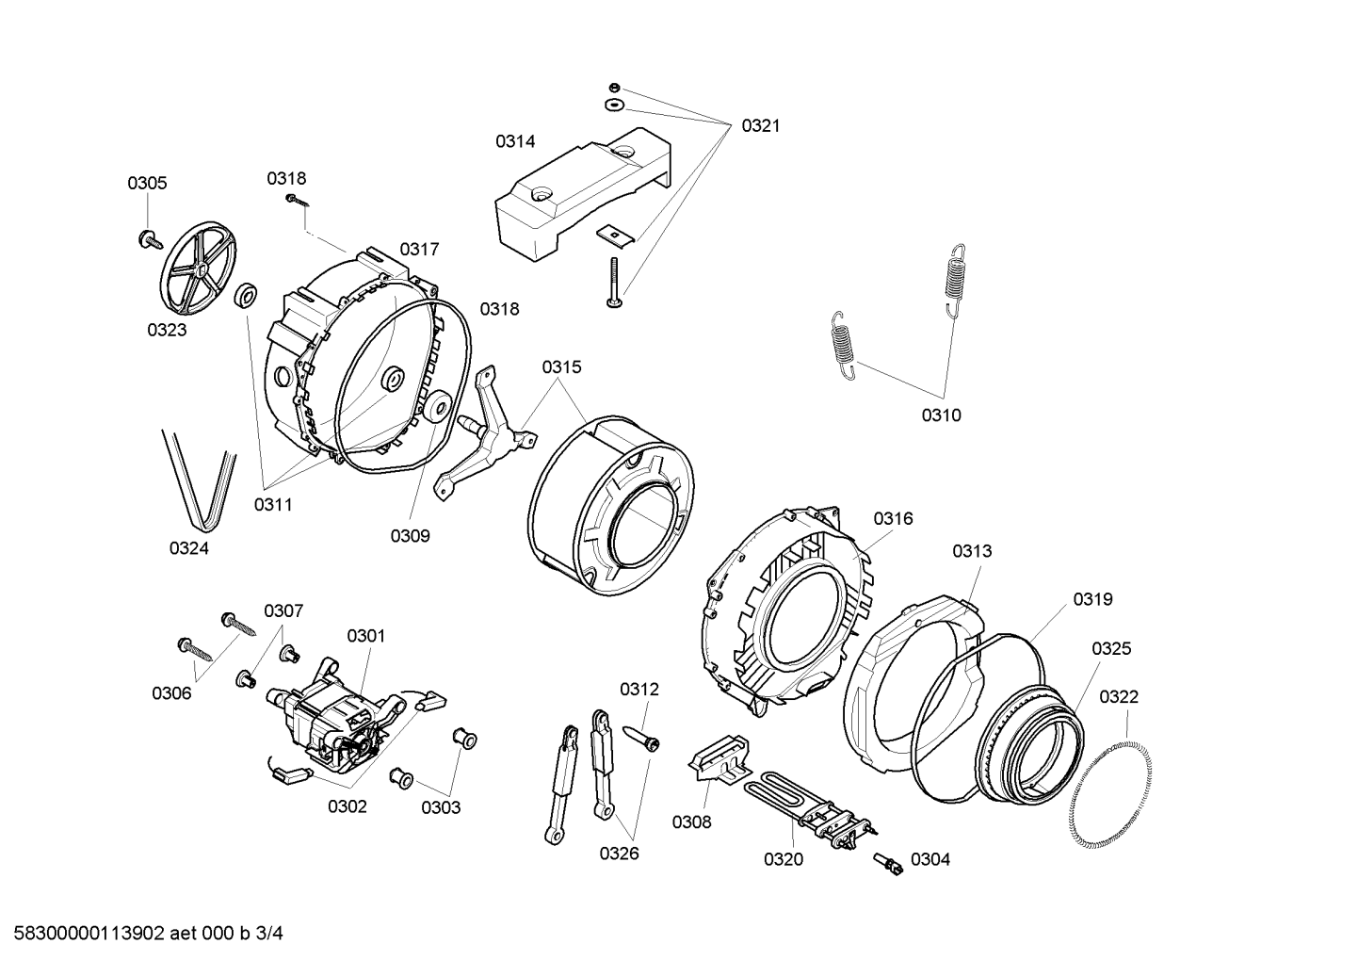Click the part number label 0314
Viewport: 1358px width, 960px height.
(515, 141)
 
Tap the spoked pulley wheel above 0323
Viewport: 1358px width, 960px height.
(199, 268)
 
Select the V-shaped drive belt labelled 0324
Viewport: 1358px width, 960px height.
(200, 478)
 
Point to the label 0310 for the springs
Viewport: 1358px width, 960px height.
(942, 415)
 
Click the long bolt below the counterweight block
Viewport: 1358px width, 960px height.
(615, 282)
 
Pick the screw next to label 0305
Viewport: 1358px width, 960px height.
(151, 239)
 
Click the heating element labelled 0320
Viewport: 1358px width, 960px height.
(810, 807)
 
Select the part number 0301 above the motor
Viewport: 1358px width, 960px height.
(366, 636)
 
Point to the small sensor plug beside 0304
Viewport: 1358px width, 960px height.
(888, 863)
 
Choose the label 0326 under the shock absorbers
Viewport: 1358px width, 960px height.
(619, 854)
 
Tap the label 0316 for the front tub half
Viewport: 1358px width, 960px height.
(893, 518)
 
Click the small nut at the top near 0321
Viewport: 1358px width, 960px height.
(614, 87)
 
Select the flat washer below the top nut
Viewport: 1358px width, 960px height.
(614, 106)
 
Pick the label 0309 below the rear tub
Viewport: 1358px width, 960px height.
(410, 536)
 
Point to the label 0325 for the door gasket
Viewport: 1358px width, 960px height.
(1112, 649)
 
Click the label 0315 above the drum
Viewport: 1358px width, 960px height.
(561, 366)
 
